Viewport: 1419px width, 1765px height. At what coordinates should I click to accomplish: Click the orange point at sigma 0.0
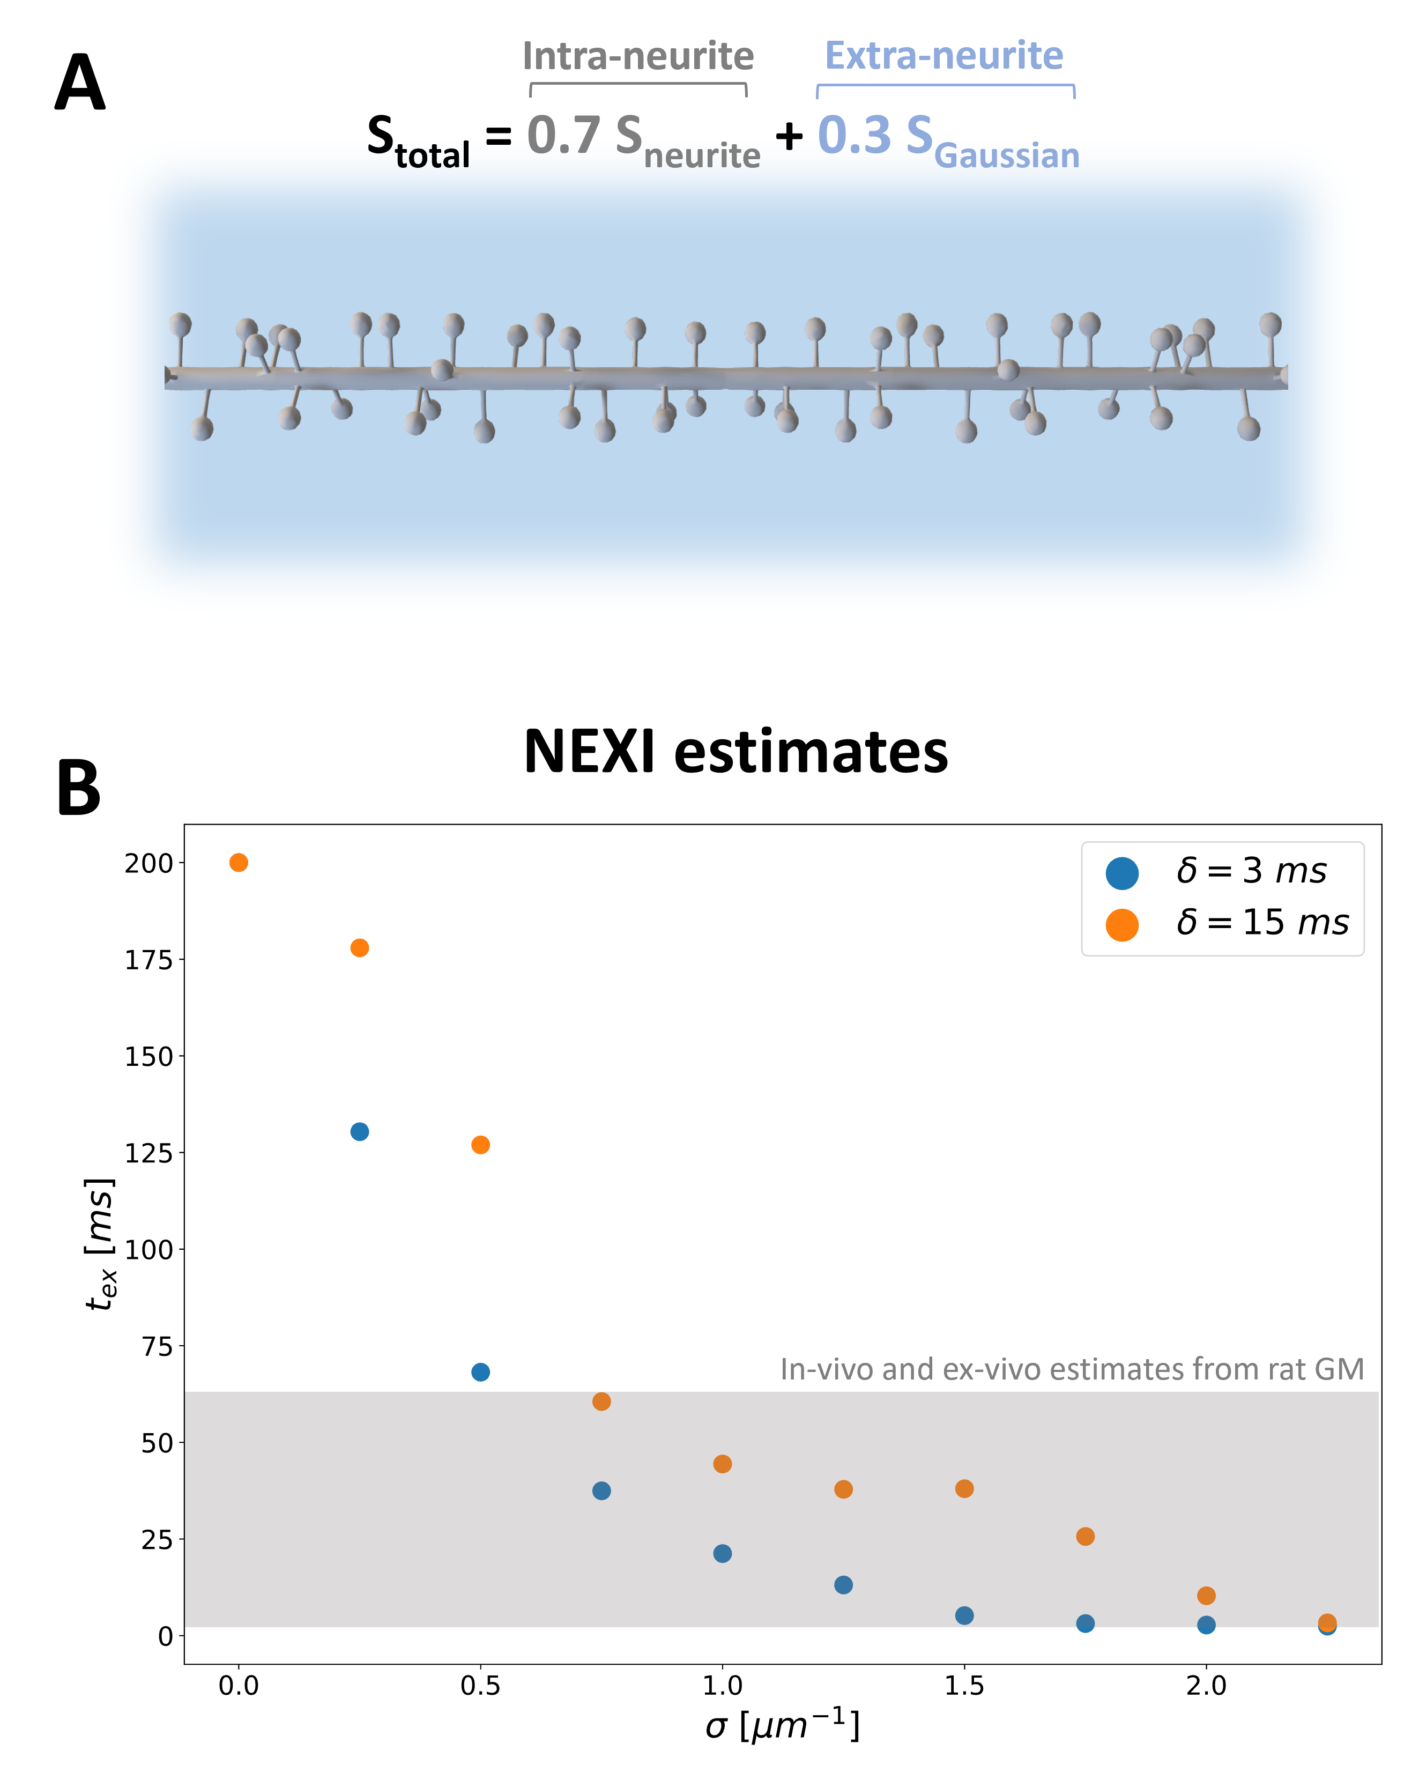[x=238, y=862]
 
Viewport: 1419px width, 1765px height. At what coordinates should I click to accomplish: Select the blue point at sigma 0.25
[x=359, y=1131]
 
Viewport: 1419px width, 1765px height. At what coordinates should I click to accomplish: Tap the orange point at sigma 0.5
[x=480, y=1145]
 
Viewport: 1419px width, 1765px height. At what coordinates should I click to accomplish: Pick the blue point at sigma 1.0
[x=722, y=1553]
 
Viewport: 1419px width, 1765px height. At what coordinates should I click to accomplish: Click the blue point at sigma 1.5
[x=964, y=1615]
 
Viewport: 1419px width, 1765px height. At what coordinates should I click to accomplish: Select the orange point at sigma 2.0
[x=1206, y=1596]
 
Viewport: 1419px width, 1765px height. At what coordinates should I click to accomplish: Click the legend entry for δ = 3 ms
[x=1216, y=871]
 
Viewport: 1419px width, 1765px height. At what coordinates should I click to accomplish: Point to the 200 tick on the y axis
[x=179, y=862]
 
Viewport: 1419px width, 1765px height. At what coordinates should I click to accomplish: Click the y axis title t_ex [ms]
[x=101, y=1243]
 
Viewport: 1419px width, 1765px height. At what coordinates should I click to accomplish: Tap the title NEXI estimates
[x=735, y=751]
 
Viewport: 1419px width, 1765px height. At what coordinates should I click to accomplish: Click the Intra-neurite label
[x=638, y=56]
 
